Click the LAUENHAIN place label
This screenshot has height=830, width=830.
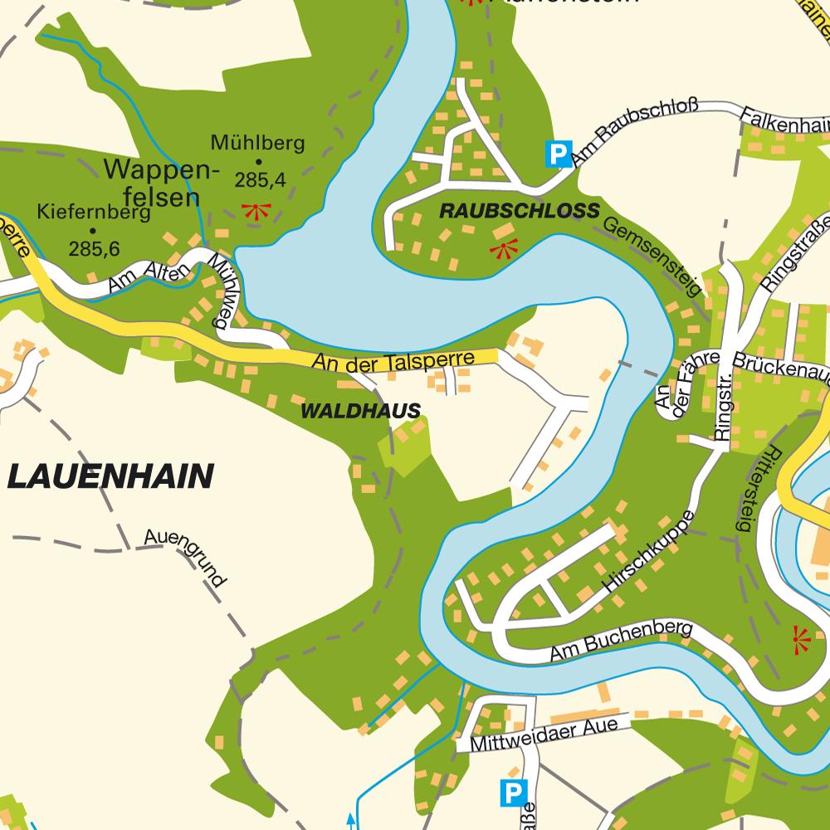click(x=110, y=477)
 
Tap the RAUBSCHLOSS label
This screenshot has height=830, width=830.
click(x=519, y=212)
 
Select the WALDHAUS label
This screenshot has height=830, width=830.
click(x=360, y=411)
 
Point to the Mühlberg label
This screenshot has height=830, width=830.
click(x=257, y=143)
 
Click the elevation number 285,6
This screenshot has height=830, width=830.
click(x=95, y=248)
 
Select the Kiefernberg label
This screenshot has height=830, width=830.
click(x=94, y=212)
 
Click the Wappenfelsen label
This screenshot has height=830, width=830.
click(x=160, y=183)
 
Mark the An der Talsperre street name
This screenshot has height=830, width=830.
click(x=393, y=361)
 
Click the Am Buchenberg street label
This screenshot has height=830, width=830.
click(x=621, y=642)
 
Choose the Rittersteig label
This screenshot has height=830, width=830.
click(x=750, y=490)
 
